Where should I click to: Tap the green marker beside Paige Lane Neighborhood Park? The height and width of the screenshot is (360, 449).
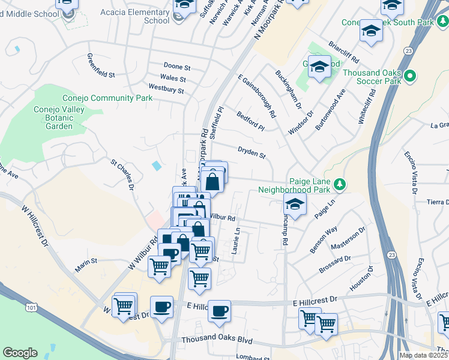pyautogui.click(x=340, y=184)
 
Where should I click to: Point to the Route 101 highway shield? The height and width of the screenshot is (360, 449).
pyautogui.click(x=29, y=308)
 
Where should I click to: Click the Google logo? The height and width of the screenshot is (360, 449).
pyautogui.click(x=20, y=353)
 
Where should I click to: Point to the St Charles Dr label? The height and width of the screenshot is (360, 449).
pyautogui.click(x=121, y=173)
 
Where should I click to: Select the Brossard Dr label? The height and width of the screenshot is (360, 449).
pyautogui.click(x=335, y=264)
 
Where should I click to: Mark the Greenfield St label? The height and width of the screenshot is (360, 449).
pyautogui.click(x=100, y=66)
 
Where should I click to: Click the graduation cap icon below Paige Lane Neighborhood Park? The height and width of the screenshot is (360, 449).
pyautogui.click(x=295, y=205)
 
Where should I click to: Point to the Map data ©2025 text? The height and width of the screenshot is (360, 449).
pyautogui.click(x=423, y=355)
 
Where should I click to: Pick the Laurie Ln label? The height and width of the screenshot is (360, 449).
pyautogui.click(x=236, y=239)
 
